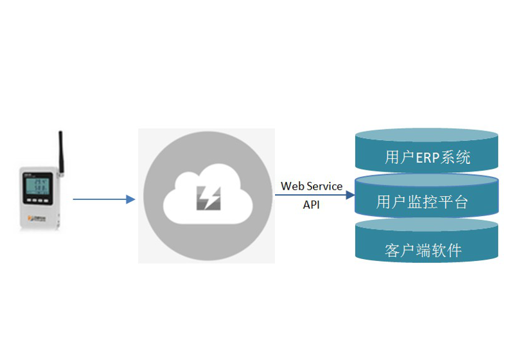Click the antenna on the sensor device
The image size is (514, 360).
(x=61, y=151)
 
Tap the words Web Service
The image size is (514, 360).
(x=312, y=186)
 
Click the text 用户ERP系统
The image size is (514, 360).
(x=427, y=157)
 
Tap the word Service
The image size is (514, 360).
(x=324, y=186)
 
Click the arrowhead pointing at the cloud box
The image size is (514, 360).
(x=131, y=199)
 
